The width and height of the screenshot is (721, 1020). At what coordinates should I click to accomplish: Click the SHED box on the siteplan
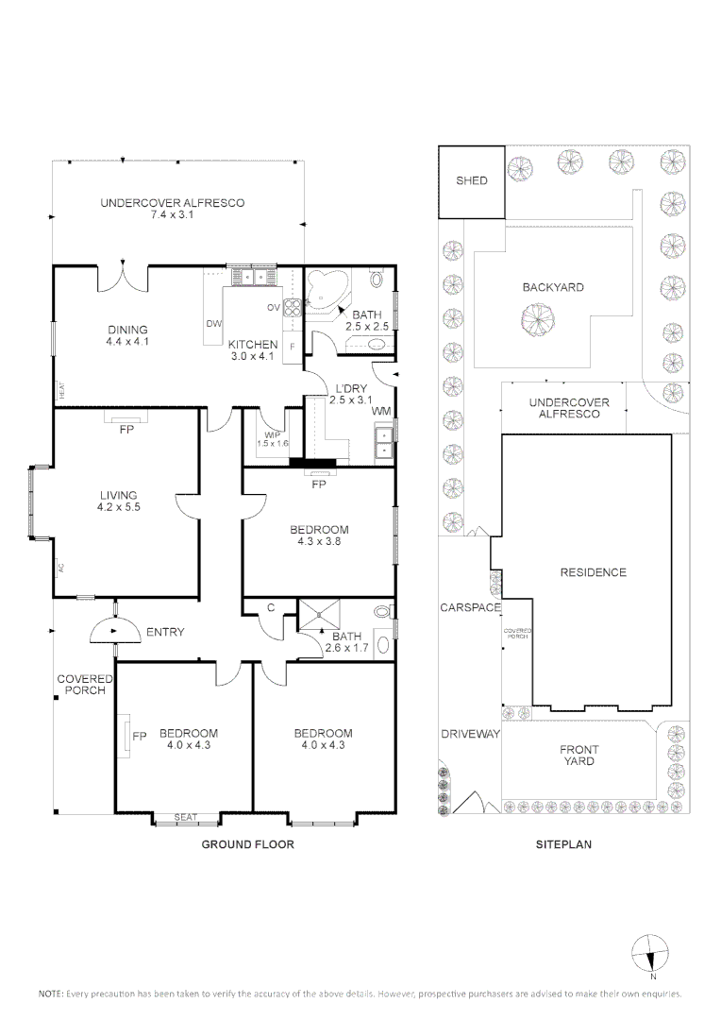[x=471, y=181]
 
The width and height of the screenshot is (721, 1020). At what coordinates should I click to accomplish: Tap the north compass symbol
[x=650, y=954]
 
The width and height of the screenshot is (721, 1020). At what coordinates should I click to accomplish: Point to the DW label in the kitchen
[x=214, y=323]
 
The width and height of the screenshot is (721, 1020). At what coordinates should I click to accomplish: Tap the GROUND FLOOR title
[x=247, y=844]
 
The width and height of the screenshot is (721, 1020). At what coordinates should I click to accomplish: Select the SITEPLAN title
[x=563, y=844]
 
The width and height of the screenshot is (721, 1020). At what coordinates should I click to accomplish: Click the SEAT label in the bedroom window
[x=186, y=817]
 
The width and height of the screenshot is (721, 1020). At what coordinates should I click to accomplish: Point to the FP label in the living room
[x=126, y=430]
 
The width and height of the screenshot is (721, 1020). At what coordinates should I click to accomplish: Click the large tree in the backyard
[x=538, y=320]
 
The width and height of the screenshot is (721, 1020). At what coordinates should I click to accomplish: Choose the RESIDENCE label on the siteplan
[x=594, y=572]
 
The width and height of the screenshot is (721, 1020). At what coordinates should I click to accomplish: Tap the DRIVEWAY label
[x=471, y=734]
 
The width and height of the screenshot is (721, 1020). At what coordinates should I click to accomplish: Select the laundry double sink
[x=384, y=441]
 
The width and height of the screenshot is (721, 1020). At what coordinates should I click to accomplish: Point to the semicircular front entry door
[x=115, y=629]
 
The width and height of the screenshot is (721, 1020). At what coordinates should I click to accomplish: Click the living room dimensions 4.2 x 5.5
[x=118, y=507]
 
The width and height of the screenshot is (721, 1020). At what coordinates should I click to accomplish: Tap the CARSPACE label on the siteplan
[x=471, y=607]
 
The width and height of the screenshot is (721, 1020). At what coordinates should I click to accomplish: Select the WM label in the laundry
[x=381, y=411]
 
